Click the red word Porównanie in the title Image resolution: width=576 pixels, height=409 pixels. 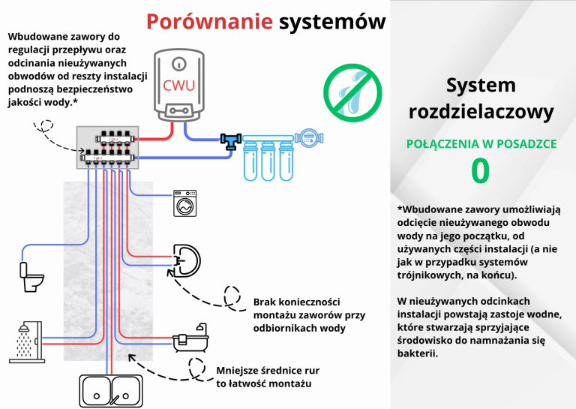pyautogui.click(x=208, y=20)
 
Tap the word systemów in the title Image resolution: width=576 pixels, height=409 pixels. pyautogui.click(x=331, y=20)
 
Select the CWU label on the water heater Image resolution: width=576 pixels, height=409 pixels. pyautogui.click(x=180, y=85)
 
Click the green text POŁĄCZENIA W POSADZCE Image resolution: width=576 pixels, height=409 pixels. pyautogui.click(x=480, y=143)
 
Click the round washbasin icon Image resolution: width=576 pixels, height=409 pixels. pyautogui.click(x=187, y=259)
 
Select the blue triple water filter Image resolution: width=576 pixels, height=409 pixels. pyautogui.click(x=266, y=156)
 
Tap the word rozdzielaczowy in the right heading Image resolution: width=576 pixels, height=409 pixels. pyautogui.click(x=480, y=113)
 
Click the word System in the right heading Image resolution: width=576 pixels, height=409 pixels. pyautogui.click(x=480, y=85)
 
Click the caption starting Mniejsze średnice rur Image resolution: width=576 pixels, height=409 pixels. pyautogui.click(x=263, y=377)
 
